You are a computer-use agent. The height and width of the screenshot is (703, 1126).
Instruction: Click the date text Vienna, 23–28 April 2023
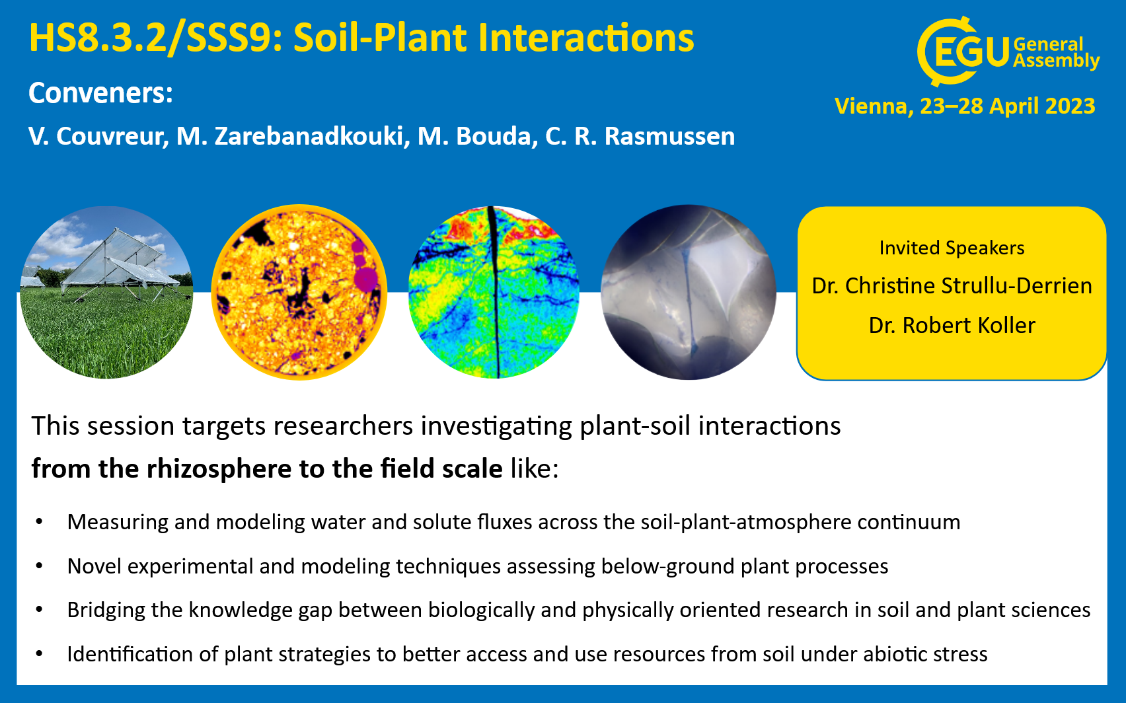tap(965, 106)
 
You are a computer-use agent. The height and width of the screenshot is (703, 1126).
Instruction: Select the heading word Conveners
tap(100, 93)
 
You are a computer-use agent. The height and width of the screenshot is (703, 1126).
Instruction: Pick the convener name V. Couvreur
tap(98, 136)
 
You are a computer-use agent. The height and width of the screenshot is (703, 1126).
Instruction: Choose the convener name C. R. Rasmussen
tap(640, 136)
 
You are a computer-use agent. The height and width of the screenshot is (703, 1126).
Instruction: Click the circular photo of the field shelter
tap(106, 292)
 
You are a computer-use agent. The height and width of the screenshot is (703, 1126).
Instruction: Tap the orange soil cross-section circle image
tap(299, 292)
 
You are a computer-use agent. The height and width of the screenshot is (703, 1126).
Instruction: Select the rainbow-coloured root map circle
tap(494, 292)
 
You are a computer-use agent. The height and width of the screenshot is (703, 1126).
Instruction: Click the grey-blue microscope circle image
tap(688, 292)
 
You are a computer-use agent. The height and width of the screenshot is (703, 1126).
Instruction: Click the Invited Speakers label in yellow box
tap(952, 248)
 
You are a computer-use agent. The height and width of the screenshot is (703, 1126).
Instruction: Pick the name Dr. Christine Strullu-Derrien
tap(952, 286)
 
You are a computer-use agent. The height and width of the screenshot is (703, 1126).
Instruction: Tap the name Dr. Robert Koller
tap(952, 326)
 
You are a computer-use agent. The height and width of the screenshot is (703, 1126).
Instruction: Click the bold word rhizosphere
tap(219, 469)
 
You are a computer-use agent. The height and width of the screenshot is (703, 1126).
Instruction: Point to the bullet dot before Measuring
tap(39, 522)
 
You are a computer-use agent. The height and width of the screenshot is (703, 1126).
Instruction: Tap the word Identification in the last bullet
tap(130, 654)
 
